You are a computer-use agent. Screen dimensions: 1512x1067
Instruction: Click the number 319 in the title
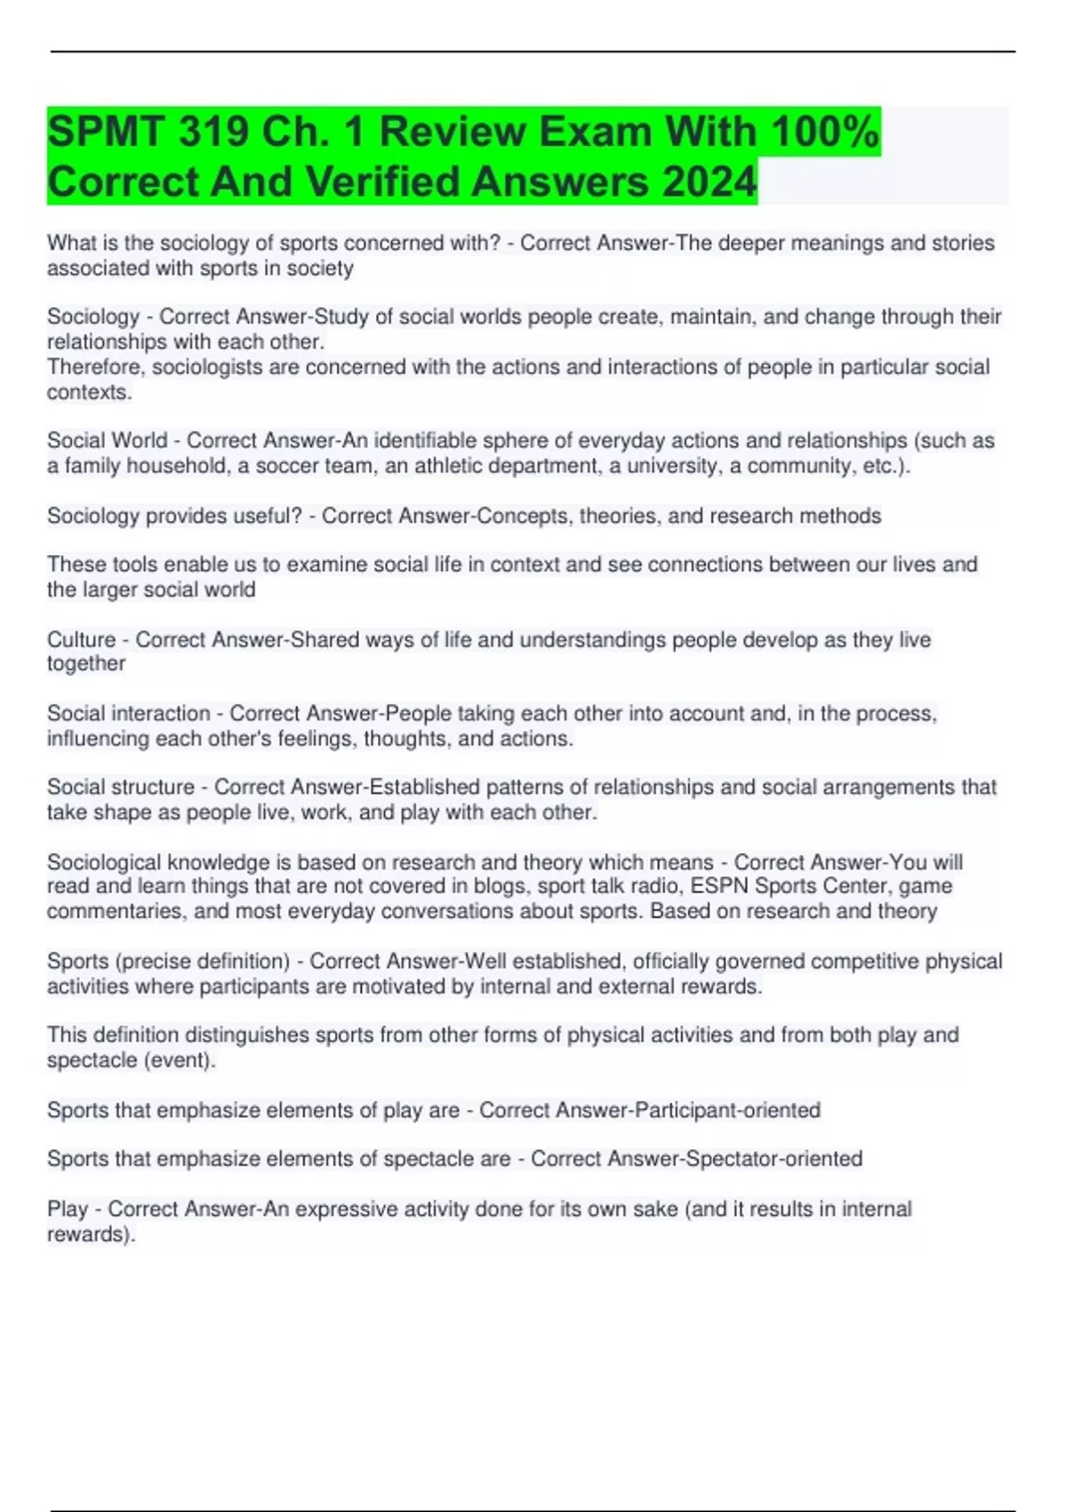click(213, 132)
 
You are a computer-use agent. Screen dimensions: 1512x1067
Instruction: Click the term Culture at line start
click(81, 639)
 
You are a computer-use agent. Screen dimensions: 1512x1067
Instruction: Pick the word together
click(86, 664)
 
